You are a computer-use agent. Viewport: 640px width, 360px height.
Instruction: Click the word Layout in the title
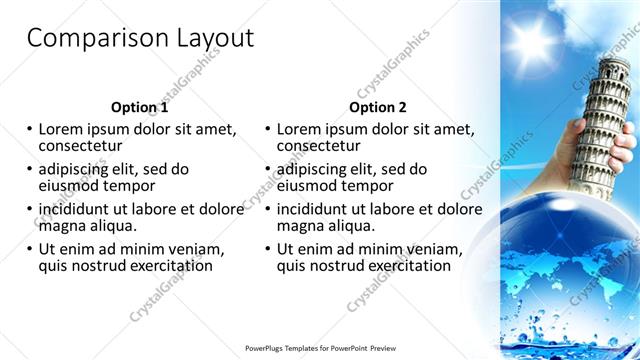[213, 38]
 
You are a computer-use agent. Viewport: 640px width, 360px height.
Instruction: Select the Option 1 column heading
[140, 107]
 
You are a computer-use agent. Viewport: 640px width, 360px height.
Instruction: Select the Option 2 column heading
[378, 107]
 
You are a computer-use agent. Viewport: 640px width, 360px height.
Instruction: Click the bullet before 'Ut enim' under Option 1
[29, 249]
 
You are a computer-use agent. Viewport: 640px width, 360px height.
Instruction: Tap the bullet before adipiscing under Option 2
[267, 169]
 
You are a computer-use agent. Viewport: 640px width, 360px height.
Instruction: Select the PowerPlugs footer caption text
[319, 348]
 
